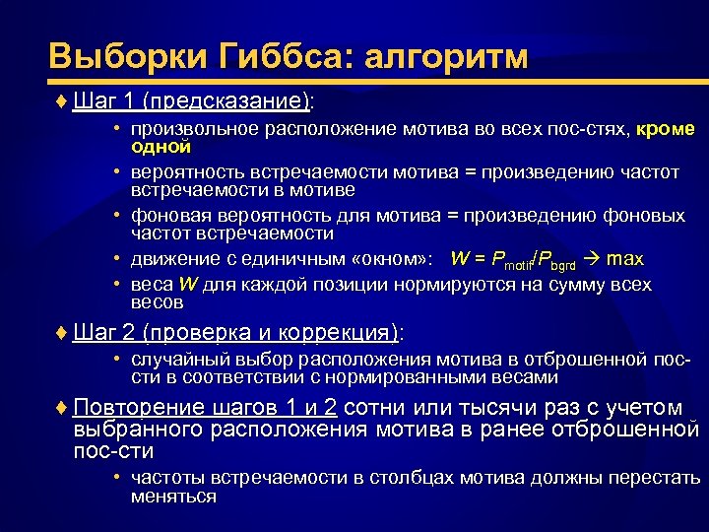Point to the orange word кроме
point(667,129)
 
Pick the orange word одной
point(161,146)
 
